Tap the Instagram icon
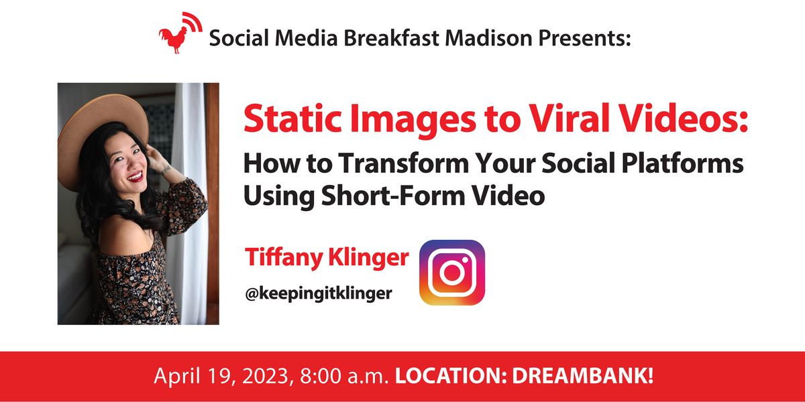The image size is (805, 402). (451, 273)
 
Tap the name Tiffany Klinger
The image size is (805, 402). (327, 257)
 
